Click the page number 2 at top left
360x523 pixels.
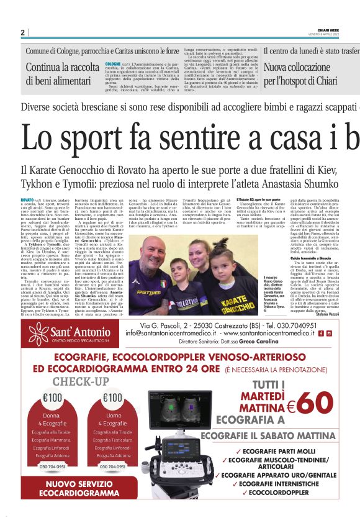[22, 32]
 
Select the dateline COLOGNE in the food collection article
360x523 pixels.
[113, 64]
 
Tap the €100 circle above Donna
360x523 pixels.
[52, 398]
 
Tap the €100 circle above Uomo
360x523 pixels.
[113, 398]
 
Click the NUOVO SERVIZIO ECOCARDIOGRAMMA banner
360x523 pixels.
[83, 488]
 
